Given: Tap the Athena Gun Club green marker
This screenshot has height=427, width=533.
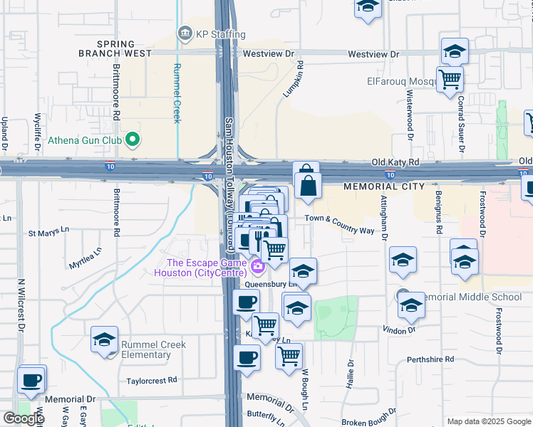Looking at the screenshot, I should coord(132,140).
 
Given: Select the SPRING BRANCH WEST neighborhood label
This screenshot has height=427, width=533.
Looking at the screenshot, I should coord(115,48).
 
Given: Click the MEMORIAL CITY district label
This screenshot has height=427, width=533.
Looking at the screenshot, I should coord(384,186).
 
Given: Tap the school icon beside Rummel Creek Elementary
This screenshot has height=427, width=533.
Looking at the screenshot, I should coord(105,340).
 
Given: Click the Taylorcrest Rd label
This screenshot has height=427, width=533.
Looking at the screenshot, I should coord(151,381).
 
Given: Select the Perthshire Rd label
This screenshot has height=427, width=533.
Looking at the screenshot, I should coord(430,359).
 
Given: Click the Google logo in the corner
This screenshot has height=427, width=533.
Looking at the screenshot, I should coord(23,418).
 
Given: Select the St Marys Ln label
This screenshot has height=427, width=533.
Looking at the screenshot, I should coord(48,232).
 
